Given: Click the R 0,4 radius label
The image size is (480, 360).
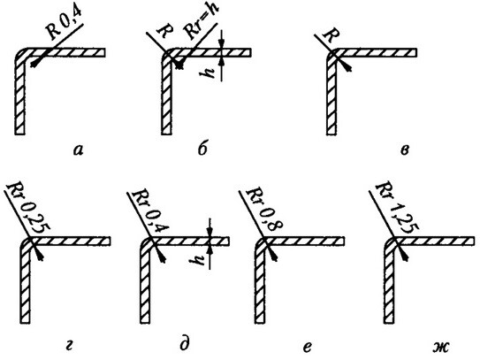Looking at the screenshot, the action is [65, 25].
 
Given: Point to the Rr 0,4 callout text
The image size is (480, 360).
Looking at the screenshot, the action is [150, 211].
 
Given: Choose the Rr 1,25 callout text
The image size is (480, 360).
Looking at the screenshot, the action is [397, 209].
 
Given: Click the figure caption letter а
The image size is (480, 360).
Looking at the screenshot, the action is [79, 149].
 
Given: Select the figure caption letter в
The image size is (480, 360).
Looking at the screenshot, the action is [404, 149].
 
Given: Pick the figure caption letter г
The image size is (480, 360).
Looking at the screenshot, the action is [70, 347].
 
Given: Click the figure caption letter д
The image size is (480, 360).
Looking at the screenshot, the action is [185, 346].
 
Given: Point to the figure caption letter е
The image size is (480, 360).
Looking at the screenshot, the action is [308, 347].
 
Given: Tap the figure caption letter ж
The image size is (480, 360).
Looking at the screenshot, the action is [440, 347].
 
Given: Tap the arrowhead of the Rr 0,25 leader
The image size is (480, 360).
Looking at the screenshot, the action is [39, 256].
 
